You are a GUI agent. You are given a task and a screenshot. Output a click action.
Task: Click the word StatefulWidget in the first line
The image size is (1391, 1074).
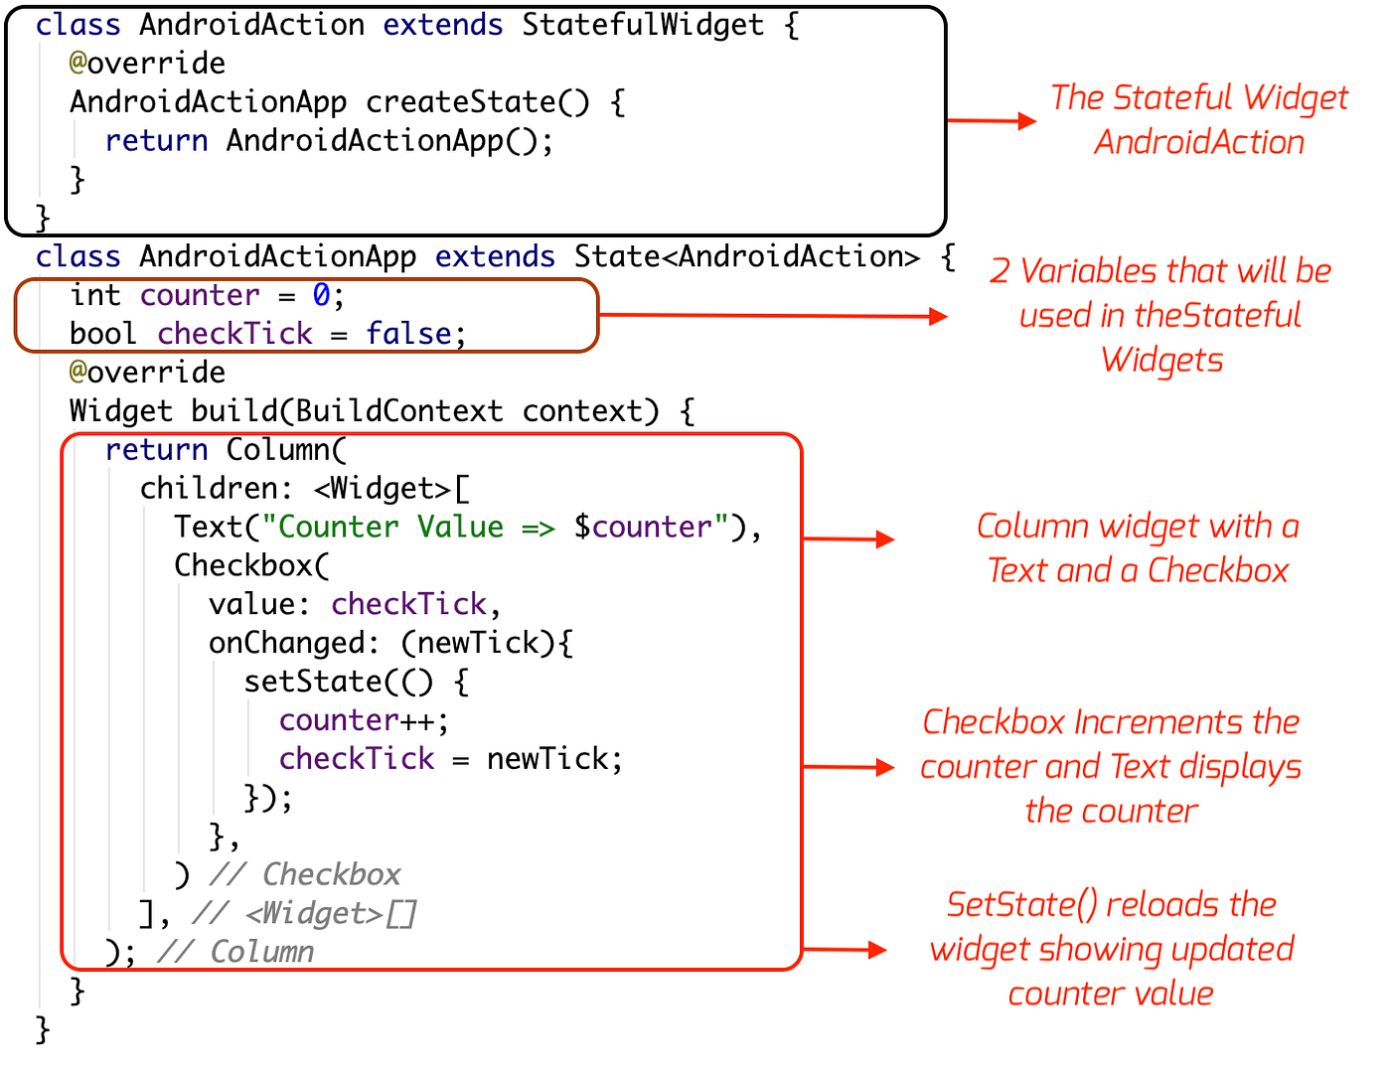point(643,25)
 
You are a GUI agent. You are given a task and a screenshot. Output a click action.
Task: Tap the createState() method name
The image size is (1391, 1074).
point(477,102)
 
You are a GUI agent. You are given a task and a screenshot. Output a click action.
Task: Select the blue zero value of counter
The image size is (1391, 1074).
point(321,295)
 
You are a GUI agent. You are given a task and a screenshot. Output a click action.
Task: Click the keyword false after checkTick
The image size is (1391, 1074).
point(409,334)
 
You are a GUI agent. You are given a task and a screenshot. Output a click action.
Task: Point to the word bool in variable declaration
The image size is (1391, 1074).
point(102,334)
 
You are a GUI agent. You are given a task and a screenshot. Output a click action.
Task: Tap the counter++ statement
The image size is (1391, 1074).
point(364,720)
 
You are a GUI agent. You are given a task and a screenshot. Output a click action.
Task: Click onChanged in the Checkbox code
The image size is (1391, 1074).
point(287,643)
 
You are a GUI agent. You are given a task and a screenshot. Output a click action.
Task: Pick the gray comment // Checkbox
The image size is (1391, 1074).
point(305,874)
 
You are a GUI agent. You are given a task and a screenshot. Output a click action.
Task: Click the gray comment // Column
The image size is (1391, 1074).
point(235,952)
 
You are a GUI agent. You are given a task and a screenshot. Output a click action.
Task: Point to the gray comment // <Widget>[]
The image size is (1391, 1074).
point(305,913)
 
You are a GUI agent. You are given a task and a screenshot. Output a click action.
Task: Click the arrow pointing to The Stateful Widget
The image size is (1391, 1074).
point(991,121)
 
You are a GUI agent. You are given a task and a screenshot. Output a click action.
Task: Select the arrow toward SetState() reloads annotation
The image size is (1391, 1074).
point(844,950)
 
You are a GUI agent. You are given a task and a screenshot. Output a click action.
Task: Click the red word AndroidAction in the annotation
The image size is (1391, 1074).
point(1199,142)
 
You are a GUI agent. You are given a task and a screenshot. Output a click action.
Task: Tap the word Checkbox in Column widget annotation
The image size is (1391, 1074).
point(1217,571)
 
